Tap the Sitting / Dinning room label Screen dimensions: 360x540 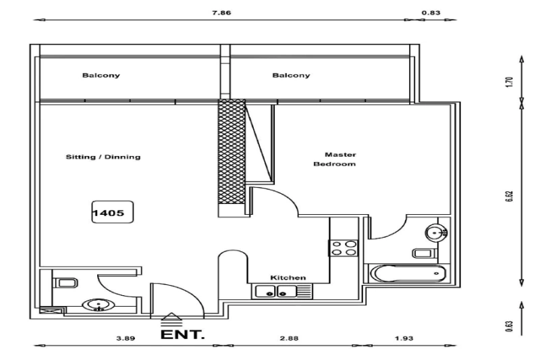[x=103, y=157]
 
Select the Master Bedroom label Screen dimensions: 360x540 [x=335, y=159]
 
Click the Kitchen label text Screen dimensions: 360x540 [x=288, y=278]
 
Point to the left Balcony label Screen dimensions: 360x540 [x=101, y=76]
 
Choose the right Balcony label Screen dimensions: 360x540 [x=291, y=76]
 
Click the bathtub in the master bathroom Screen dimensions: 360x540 [x=408, y=274]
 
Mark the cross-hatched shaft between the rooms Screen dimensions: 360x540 [x=230, y=157]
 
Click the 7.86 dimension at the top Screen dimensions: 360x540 [x=222, y=12]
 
